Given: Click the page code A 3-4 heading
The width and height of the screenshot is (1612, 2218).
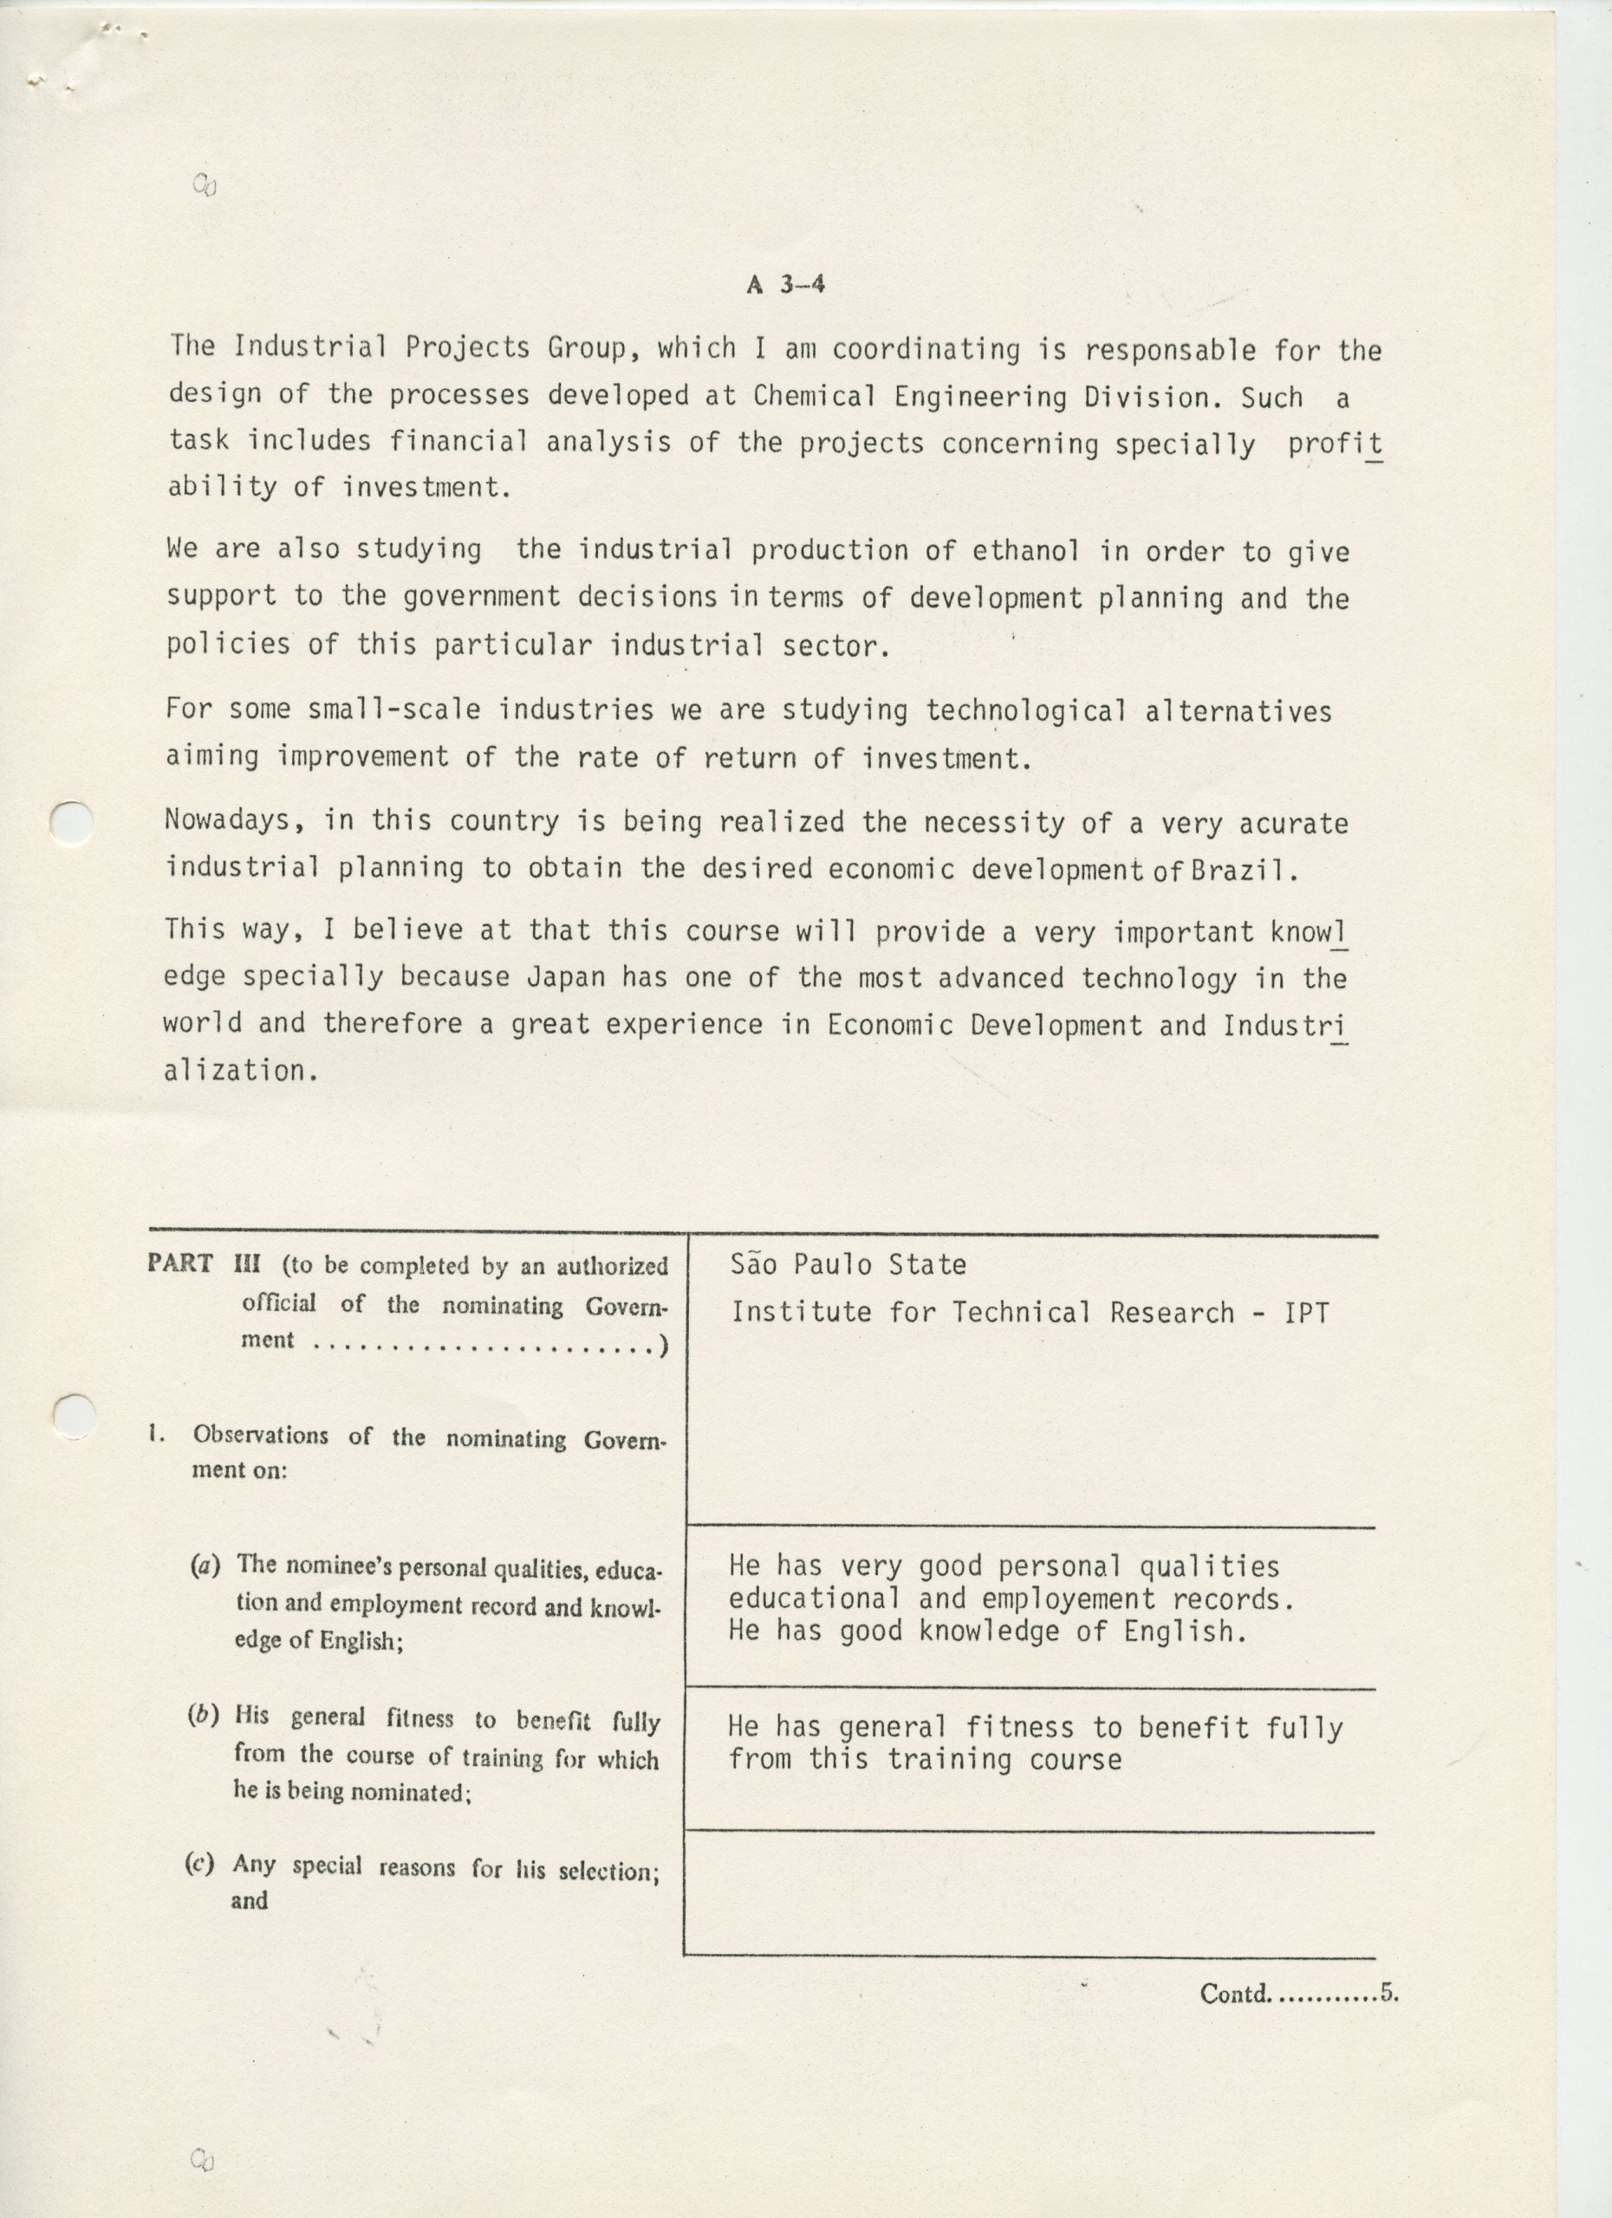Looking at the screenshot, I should point(785,284).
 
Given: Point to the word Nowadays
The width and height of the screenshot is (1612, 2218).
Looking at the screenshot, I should point(229,820).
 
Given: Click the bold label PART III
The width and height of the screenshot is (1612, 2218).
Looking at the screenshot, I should point(204,1262).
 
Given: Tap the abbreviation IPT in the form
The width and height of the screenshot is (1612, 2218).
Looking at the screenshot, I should point(1307,1313).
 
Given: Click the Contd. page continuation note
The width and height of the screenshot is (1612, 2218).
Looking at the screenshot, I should point(1298,1993).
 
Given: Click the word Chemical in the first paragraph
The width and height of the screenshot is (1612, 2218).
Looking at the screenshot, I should point(814,396).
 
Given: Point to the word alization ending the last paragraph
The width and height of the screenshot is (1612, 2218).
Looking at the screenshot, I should point(241,1071).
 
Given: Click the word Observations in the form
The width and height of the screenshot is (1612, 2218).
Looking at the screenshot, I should point(260,1436).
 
